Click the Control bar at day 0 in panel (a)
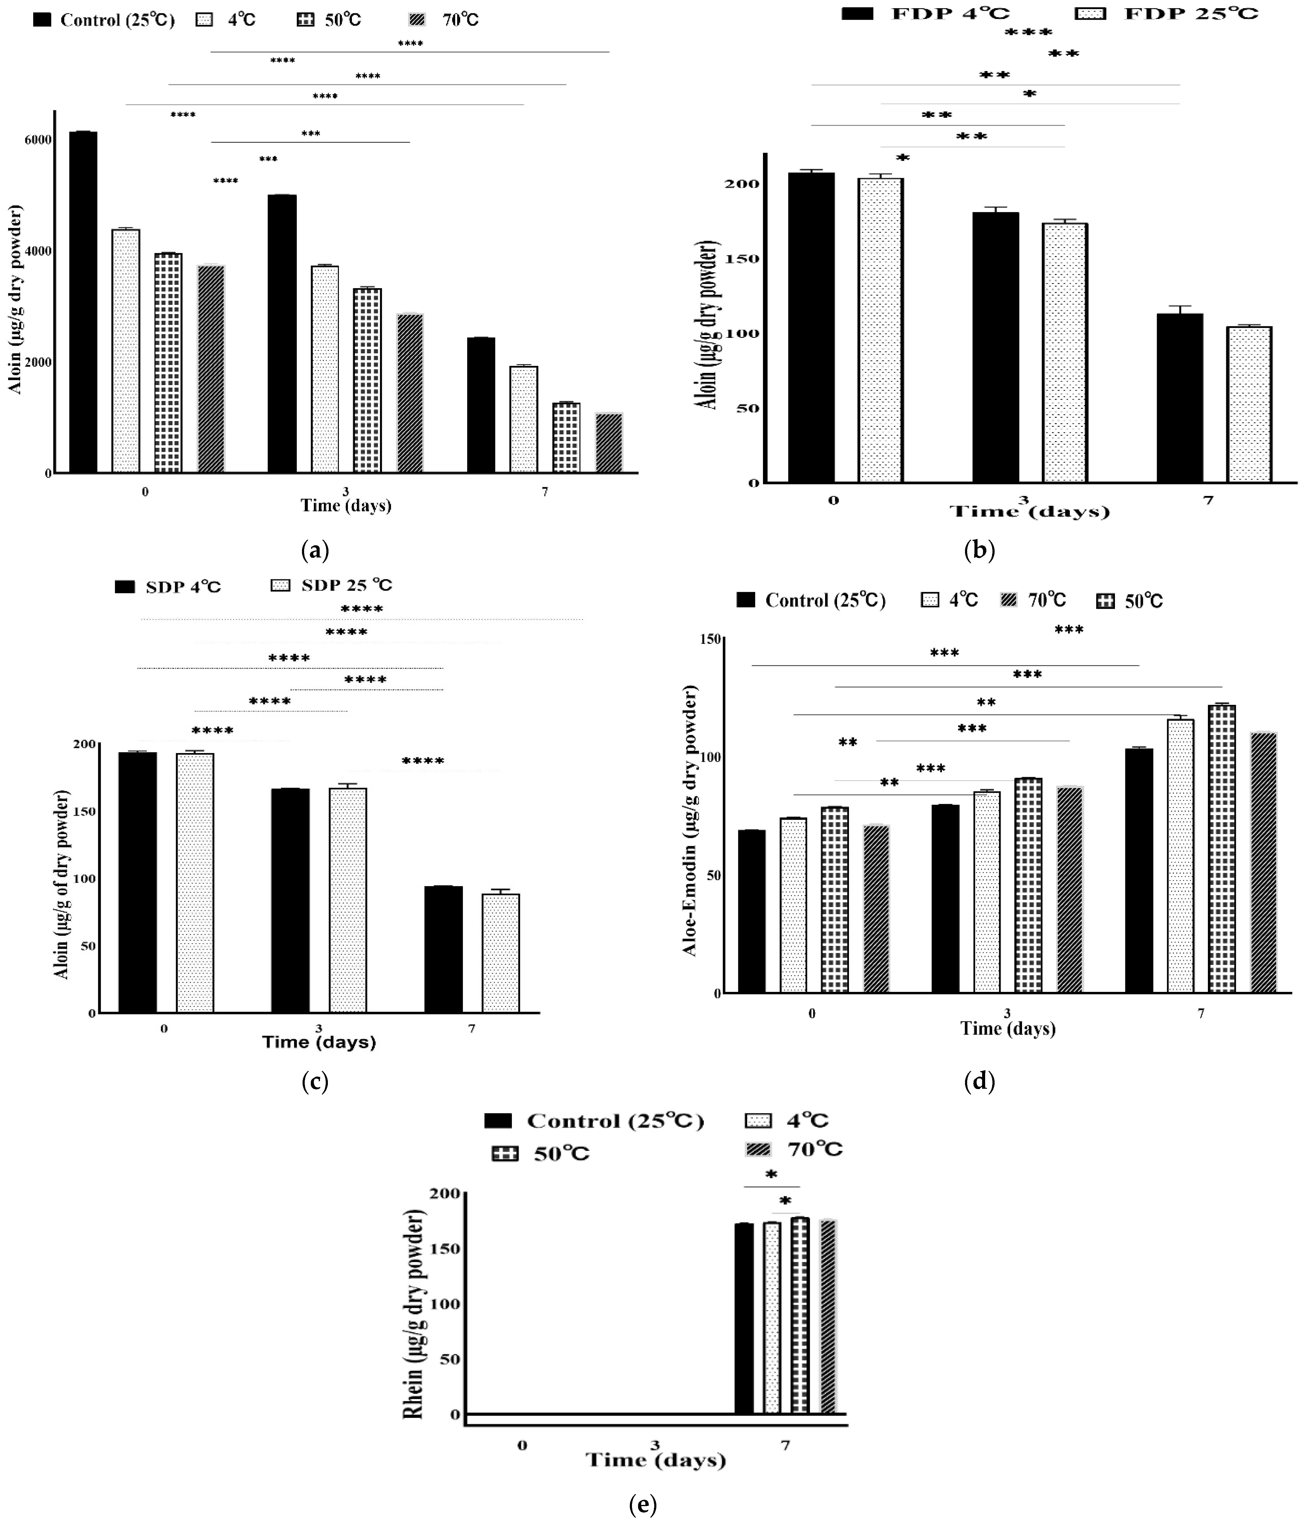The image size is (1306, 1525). coord(83,302)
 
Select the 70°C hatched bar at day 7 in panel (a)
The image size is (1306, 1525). coord(609,443)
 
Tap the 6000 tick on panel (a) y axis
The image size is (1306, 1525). coord(38,140)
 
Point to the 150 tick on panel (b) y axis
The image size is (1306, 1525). coord(742,259)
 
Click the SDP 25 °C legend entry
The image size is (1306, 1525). coord(331,585)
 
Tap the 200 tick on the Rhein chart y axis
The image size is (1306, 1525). coord(445,1193)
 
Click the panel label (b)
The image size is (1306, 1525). coord(979,550)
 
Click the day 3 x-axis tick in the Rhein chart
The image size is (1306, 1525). coord(655,1445)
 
